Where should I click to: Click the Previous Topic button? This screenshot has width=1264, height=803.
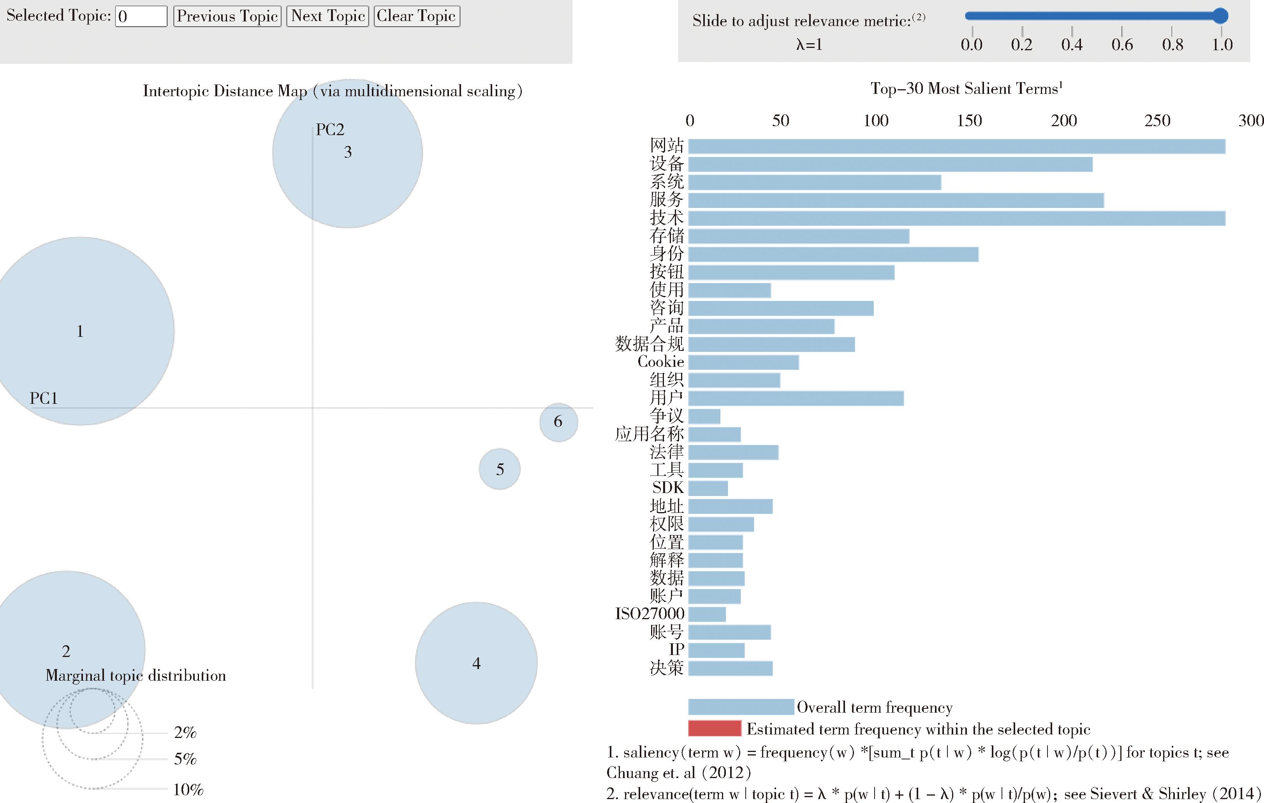[x=227, y=16]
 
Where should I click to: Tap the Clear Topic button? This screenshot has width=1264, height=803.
[x=417, y=16]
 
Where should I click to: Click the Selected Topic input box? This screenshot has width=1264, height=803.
[x=141, y=16]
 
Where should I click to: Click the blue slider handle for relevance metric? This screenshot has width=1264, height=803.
[x=1220, y=16]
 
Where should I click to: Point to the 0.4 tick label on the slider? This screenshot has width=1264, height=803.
[x=1071, y=45]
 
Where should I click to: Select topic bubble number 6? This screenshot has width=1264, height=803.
[x=558, y=422]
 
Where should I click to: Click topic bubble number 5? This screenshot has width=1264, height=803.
[x=500, y=469]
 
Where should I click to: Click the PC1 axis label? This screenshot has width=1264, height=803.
[x=44, y=398]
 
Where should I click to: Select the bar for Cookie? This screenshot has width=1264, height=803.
[x=743, y=362]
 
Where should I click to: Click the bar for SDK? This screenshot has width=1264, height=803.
[x=708, y=488]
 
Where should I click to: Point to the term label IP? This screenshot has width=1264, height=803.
[x=676, y=650]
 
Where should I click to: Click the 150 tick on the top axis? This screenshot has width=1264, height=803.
[x=969, y=121]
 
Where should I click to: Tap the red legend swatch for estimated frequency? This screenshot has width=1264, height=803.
[x=715, y=729]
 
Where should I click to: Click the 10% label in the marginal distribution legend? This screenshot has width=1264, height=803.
[x=188, y=789]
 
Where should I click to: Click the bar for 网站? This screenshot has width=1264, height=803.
[x=956, y=146]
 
